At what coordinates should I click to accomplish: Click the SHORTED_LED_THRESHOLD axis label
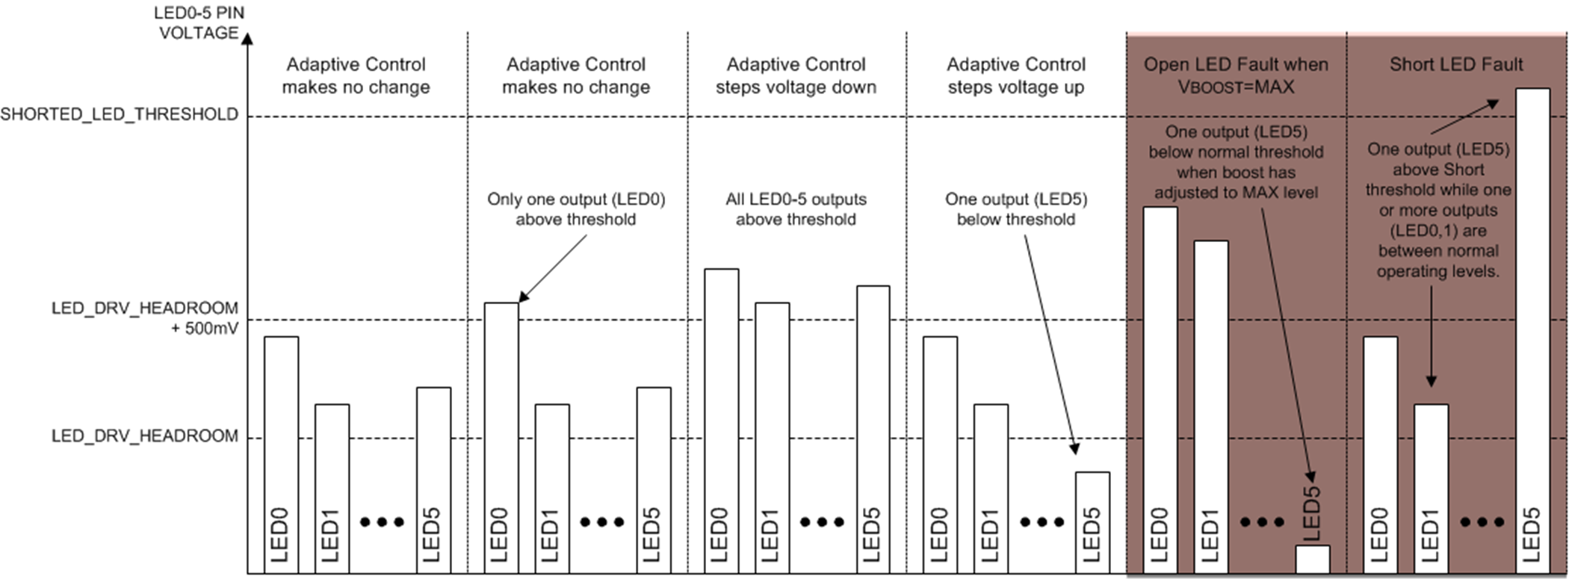(120, 114)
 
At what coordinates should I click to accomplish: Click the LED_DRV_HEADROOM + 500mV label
(145, 318)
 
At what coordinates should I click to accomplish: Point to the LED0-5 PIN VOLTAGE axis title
(199, 23)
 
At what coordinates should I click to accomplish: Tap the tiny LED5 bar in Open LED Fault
(1312, 559)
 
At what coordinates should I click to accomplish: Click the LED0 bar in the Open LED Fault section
(1160, 388)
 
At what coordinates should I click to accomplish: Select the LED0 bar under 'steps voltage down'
(722, 418)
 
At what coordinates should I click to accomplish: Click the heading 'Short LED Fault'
(1455, 65)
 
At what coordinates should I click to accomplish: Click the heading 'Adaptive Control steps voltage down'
(796, 75)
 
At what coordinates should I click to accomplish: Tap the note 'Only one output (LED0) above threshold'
(576, 209)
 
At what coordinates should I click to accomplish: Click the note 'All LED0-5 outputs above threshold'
(796, 209)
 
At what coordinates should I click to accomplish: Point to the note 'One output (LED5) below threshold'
(1016, 209)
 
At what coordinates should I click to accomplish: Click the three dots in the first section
(382, 522)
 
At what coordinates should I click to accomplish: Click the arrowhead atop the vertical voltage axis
(247, 38)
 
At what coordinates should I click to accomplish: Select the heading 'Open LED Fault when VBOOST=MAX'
(1236, 75)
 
